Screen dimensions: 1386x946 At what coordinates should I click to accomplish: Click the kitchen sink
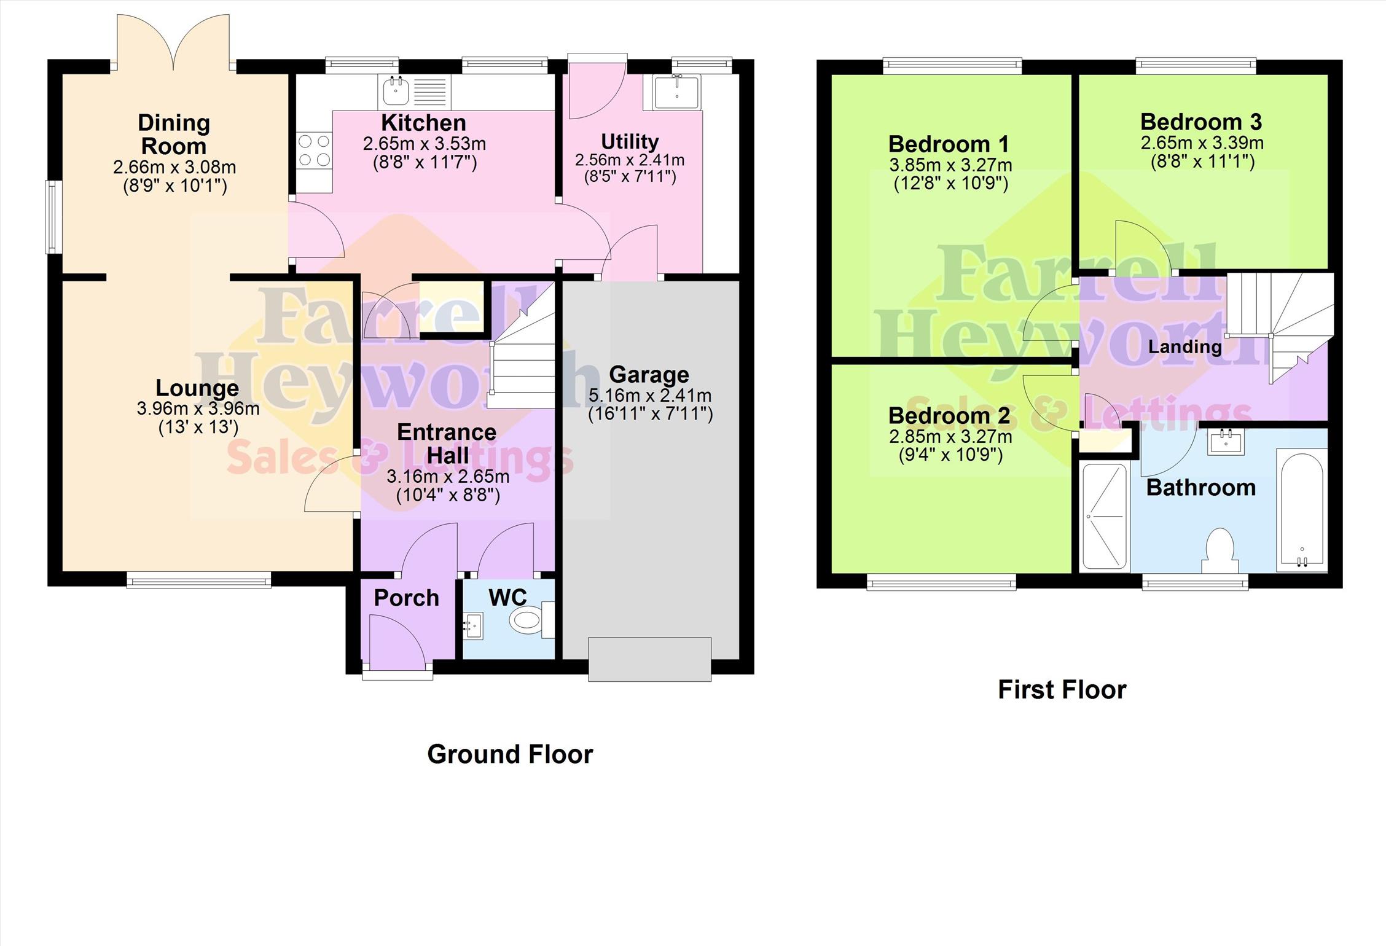coord(415,92)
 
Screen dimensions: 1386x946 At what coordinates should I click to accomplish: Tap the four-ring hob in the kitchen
coord(315,150)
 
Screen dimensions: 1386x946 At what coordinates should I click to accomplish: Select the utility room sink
coord(672,92)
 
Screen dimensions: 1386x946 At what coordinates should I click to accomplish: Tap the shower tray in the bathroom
coord(1105,517)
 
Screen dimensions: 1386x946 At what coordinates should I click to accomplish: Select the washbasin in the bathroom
coord(1226,442)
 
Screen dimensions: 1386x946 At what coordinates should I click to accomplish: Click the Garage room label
coord(649,374)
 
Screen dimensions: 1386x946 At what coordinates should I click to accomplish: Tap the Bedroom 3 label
coord(1201,122)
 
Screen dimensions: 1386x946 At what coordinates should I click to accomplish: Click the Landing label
coord(1184,346)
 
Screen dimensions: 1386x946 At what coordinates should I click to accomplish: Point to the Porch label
coord(406,598)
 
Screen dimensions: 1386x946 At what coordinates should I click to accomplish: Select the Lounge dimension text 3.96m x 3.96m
coord(198,408)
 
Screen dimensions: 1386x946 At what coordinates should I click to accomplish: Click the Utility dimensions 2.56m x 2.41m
coord(630,160)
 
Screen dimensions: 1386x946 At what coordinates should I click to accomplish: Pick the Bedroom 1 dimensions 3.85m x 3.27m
coord(950,165)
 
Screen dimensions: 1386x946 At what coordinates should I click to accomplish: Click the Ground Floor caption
coord(510,754)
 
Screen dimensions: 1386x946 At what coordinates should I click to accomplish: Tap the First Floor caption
coord(1062,689)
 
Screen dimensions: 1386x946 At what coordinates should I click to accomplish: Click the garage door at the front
coord(650,659)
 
